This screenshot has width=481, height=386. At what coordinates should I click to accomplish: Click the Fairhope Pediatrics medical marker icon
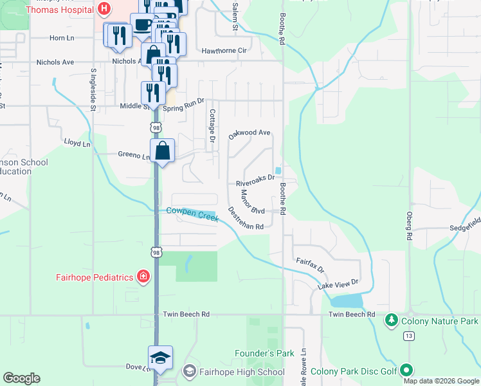point(143,277)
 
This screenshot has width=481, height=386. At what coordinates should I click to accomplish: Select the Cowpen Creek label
point(192,214)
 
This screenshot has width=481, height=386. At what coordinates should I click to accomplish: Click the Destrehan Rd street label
point(246,218)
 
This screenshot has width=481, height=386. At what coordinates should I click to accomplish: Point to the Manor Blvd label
point(253,201)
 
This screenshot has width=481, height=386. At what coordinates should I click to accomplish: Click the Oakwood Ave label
point(250,134)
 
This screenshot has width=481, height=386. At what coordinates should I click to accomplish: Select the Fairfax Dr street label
point(310,264)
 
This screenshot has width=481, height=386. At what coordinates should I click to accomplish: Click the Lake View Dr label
point(338,284)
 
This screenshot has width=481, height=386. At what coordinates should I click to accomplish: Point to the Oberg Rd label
point(408,226)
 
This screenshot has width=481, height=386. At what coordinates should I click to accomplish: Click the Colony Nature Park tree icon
point(390,320)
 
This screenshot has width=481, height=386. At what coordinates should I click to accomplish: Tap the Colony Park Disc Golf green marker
point(406,370)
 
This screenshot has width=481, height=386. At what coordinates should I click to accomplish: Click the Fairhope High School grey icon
point(189,371)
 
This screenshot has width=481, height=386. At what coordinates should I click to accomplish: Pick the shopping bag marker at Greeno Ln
point(163,151)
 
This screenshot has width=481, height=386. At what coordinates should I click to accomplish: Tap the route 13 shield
point(409,336)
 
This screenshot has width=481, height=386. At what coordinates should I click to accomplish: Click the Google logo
point(21,378)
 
